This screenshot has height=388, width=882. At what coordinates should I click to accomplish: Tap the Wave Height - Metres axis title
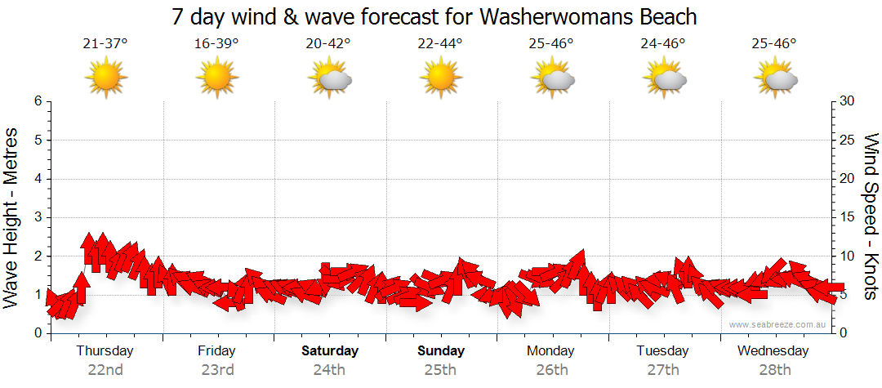(12, 216)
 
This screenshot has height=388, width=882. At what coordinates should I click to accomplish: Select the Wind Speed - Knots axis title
(870, 216)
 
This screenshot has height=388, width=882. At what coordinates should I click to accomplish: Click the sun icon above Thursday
(105, 78)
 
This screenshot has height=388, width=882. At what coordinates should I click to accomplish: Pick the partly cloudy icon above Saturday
(329, 78)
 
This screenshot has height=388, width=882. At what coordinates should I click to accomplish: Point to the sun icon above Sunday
(440, 78)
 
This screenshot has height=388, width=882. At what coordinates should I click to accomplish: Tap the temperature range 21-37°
(105, 44)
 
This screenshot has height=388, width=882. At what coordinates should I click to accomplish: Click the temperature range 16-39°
(216, 44)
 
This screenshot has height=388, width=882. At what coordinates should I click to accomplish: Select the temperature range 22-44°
(440, 44)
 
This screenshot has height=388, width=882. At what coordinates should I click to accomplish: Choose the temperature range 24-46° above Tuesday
(663, 44)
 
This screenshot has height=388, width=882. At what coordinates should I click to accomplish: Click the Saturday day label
(329, 351)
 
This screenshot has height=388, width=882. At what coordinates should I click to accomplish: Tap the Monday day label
(552, 351)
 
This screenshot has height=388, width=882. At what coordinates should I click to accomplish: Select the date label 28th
(774, 369)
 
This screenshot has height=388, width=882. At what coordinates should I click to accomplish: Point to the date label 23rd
(216, 369)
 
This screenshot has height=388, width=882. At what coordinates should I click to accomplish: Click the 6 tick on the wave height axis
(37, 101)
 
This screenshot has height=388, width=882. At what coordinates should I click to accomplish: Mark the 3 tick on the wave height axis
(37, 217)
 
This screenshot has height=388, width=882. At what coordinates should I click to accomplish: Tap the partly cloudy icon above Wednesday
(775, 78)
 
